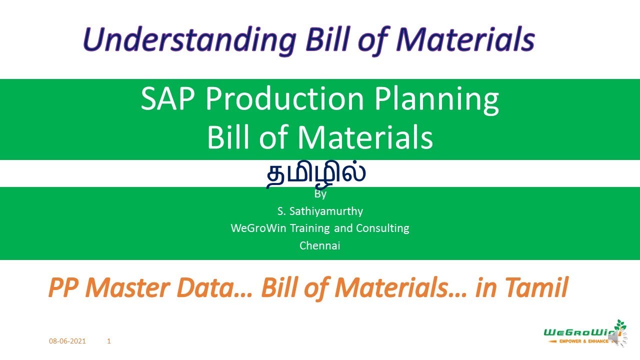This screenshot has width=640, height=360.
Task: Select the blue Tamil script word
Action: point(316,173)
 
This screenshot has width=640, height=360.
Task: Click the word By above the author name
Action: point(320,194)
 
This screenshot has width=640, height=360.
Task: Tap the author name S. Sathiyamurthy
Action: point(320,211)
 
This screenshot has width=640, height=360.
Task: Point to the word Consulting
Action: point(382,228)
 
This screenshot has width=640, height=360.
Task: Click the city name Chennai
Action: point(320,245)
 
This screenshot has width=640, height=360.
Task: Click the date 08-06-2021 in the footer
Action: point(67,341)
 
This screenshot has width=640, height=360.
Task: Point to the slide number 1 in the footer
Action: point(109,341)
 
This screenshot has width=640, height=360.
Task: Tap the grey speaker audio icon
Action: point(618,339)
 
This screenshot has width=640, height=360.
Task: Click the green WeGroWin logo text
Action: point(577,331)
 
